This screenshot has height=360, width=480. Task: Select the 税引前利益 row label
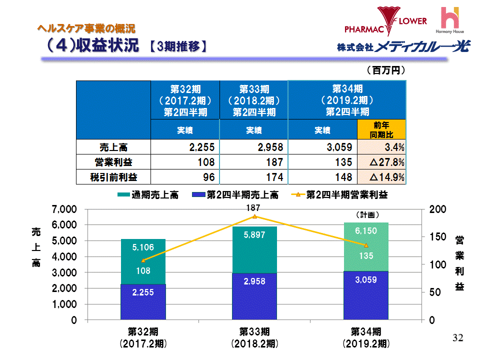tap(113, 177)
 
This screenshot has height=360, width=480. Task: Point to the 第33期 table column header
tap(253, 100)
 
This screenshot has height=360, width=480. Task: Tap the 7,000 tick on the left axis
tap(65, 208)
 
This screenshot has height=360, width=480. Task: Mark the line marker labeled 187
tap(254, 216)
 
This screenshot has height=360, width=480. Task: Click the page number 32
tap(457, 338)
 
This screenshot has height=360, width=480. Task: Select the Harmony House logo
tap(450, 20)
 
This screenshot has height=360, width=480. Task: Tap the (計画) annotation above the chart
tap(367, 214)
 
